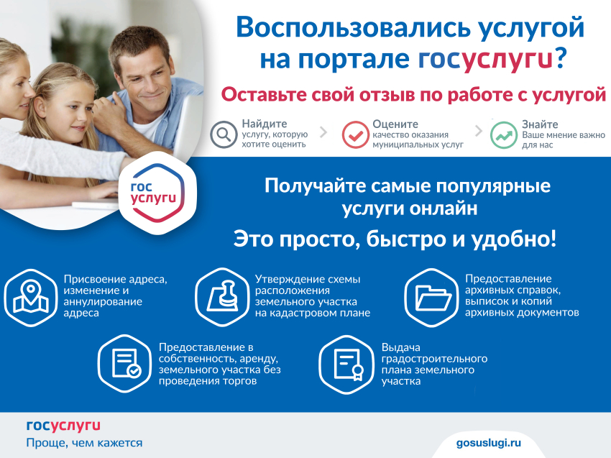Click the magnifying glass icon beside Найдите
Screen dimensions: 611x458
(224, 134)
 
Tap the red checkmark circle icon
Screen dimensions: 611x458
(355, 134)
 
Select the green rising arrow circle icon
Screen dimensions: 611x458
(503, 135)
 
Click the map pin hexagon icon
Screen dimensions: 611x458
(31, 298)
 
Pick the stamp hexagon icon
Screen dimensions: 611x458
(222, 297)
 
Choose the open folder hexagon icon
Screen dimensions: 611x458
(431, 298)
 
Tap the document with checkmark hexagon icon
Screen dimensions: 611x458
(124, 364)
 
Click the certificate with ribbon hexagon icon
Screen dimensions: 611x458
(346, 365)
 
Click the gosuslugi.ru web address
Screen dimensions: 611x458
(489, 443)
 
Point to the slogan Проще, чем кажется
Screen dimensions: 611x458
(84, 443)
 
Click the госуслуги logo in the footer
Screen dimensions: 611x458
(63, 426)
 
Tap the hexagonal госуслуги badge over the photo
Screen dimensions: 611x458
(157, 193)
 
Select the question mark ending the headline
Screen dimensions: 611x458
(561, 58)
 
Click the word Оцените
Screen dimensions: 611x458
(395, 124)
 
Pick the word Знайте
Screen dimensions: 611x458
(540, 124)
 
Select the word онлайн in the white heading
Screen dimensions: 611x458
(444, 209)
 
